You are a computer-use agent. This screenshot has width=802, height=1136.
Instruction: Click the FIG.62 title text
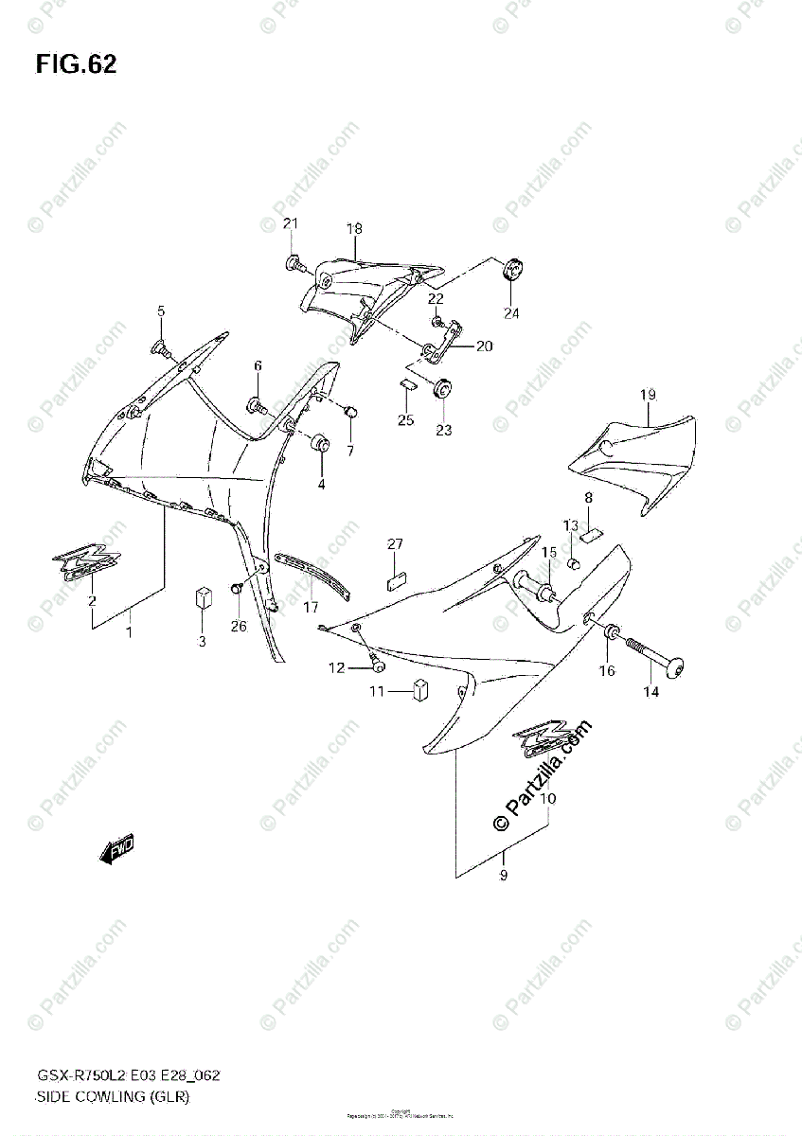[x=77, y=64]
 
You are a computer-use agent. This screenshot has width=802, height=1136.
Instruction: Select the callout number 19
[x=648, y=395]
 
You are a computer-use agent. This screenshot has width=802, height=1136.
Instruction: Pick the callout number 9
[x=504, y=876]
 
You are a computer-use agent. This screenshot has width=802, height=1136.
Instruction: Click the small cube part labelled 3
[x=201, y=598]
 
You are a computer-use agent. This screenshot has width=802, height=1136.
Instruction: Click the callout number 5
[x=161, y=311]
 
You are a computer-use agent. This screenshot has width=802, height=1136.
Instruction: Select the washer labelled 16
[x=611, y=631]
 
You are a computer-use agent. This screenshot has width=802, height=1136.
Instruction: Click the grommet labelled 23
[x=442, y=390]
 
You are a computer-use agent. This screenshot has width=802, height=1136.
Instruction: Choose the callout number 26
[x=237, y=626]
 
